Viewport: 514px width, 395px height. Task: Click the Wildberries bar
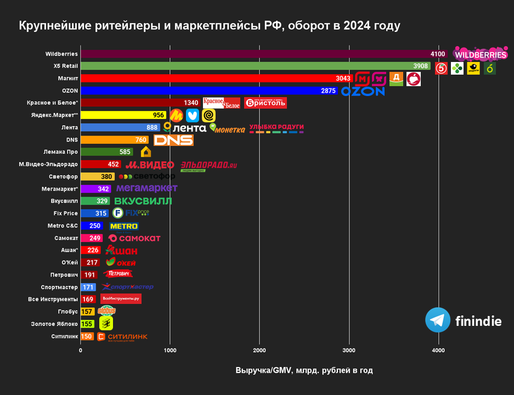click(x=263, y=54)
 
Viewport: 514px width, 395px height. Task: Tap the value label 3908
click(x=421, y=66)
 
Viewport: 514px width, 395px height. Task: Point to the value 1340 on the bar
click(x=191, y=103)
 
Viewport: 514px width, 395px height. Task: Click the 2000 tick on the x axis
click(x=259, y=350)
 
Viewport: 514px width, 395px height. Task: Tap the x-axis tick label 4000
click(x=438, y=350)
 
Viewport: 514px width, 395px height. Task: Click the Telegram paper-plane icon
click(x=438, y=320)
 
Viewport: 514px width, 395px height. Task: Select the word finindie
click(x=478, y=321)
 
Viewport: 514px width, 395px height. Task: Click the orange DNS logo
click(x=173, y=140)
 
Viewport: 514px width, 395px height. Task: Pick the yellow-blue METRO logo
click(x=124, y=226)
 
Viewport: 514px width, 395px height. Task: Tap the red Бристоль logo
click(x=266, y=103)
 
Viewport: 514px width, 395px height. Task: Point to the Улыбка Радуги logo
click(x=276, y=128)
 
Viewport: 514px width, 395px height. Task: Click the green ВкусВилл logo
click(x=143, y=201)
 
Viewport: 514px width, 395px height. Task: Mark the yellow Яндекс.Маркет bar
click(x=123, y=115)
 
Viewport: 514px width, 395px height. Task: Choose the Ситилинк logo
click(x=122, y=337)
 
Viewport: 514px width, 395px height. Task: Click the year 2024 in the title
click(x=359, y=25)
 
